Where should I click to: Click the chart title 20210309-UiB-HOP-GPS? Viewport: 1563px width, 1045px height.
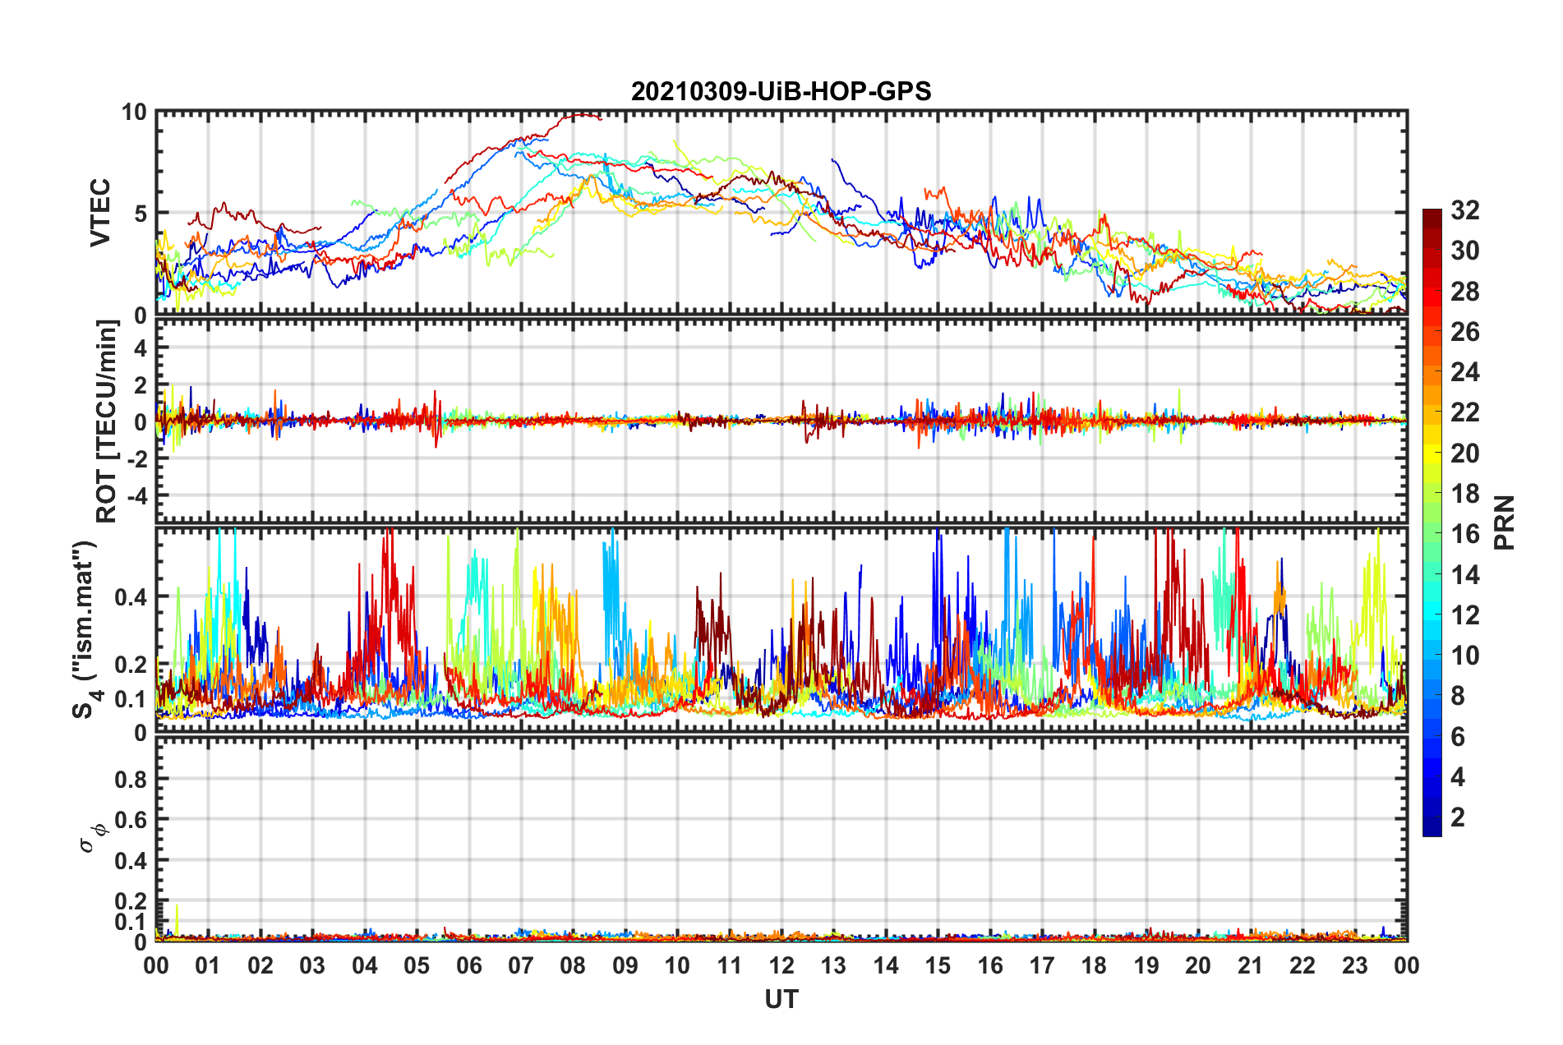pos(781,91)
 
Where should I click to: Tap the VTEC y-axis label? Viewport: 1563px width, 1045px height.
pos(100,213)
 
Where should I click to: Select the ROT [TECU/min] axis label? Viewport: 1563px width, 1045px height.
pos(107,421)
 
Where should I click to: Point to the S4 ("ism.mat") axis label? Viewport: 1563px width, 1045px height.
pos(85,629)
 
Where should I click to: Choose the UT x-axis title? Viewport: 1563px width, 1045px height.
pos(781,999)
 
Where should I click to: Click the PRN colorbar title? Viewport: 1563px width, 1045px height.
pos(1505,522)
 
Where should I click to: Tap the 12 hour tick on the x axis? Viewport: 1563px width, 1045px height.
pos(781,965)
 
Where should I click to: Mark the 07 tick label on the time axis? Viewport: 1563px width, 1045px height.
pos(521,965)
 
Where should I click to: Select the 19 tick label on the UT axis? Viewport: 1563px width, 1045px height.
pos(1146,965)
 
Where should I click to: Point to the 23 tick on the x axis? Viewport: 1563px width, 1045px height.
pos(1354,965)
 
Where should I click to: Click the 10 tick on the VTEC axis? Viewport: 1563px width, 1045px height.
pos(135,113)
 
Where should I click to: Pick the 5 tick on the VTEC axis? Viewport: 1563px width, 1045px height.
pos(141,214)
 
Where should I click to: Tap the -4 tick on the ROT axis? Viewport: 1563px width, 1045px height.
pos(135,496)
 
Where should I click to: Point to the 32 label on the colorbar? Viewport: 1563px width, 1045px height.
pos(1465,210)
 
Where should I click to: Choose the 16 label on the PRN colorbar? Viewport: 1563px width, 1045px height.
pos(1465,534)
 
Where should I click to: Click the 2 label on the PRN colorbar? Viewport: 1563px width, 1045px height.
pos(1459,817)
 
